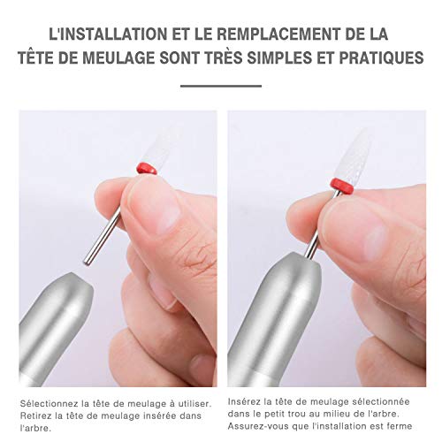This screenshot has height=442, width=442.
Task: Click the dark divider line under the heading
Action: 221,86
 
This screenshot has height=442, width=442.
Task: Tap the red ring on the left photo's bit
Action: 147,167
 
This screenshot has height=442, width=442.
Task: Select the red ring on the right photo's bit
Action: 339,184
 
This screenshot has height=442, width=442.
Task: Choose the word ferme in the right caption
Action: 409,426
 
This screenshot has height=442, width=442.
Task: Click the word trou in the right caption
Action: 301,414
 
